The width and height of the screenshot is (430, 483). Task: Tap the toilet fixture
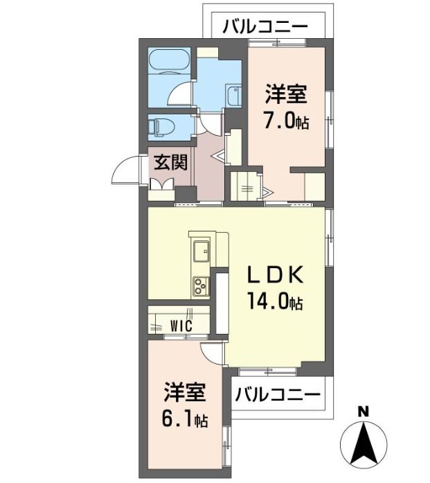[x=161, y=127]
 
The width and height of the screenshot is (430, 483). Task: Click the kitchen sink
[x=201, y=251]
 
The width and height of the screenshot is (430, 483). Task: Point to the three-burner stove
[x=201, y=286]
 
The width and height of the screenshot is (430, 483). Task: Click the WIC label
[x=181, y=325]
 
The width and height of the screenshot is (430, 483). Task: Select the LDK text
[x=276, y=274]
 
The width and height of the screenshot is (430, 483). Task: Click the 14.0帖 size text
[x=276, y=301]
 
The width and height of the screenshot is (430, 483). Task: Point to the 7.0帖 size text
[x=286, y=120]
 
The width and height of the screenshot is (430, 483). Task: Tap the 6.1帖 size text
[x=185, y=419]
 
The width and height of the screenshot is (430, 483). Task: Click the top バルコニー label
[x=265, y=27]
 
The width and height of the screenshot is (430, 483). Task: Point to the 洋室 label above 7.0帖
[x=286, y=94]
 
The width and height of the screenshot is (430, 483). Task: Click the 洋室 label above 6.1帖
[x=185, y=392]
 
